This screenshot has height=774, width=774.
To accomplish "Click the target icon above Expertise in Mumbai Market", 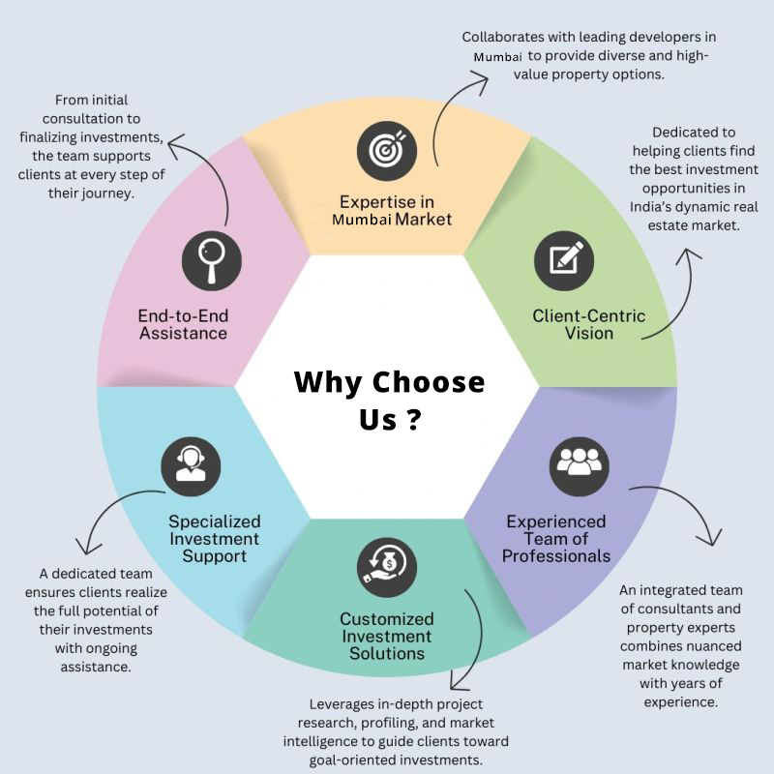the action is click(x=386, y=151).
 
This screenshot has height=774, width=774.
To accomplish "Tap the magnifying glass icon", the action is click(x=212, y=260).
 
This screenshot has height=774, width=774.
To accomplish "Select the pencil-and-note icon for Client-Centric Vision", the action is click(x=564, y=260).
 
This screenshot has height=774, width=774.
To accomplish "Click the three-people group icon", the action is click(x=579, y=466).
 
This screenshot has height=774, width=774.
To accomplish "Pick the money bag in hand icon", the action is click(x=386, y=567).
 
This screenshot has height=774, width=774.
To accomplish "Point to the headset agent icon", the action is click(x=191, y=466).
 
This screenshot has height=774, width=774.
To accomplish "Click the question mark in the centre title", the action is click(x=414, y=419).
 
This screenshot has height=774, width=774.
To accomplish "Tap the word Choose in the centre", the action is click(x=428, y=382).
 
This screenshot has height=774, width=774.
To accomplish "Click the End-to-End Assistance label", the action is click(x=183, y=324).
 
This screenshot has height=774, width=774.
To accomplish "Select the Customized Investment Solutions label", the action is click(x=386, y=636).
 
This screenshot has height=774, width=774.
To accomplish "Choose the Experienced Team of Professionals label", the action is click(x=555, y=539).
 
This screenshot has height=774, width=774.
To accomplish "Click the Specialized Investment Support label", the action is click(x=214, y=539).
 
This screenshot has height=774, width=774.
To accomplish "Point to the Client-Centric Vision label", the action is click(x=588, y=324).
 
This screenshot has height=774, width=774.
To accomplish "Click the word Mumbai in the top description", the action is click(x=497, y=57).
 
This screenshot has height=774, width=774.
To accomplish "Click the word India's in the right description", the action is click(x=650, y=207).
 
